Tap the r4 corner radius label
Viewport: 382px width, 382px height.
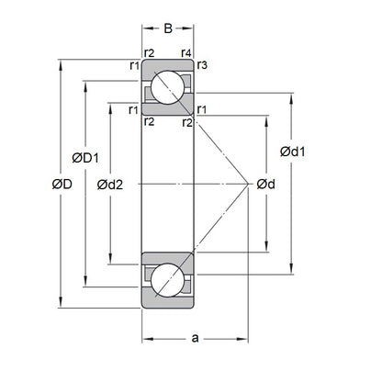186,53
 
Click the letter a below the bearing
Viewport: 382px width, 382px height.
195,339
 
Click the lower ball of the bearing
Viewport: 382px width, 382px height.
167,281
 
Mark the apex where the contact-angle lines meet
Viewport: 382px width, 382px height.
250,185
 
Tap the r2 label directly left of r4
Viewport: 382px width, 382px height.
149,53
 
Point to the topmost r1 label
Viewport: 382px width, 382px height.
134,66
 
